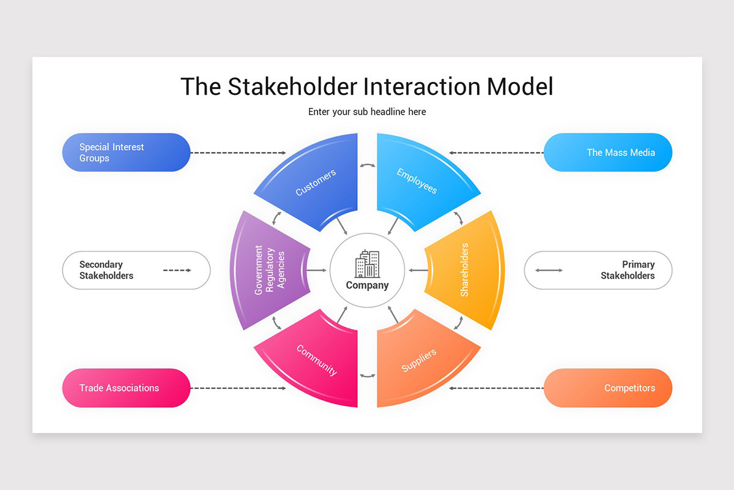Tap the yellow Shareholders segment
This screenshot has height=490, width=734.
(468, 270)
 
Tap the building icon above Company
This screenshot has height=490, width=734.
(367, 264)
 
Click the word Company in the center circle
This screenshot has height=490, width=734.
(367, 285)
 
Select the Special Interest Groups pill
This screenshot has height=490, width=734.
(126, 153)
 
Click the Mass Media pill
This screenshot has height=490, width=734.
(608, 153)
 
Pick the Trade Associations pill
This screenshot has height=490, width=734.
(126, 388)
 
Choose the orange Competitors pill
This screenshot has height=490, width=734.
(608, 388)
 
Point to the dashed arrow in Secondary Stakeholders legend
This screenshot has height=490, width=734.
(177, 270)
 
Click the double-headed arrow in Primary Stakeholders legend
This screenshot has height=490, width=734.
(549, 270)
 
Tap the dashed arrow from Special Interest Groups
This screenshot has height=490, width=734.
(239, 153)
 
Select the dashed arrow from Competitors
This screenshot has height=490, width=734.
(496, 388)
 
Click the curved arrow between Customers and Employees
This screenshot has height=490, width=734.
(367, 165)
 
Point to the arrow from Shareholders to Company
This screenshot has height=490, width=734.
(418, 270)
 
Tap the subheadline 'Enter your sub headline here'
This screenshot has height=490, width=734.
(367, 112)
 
